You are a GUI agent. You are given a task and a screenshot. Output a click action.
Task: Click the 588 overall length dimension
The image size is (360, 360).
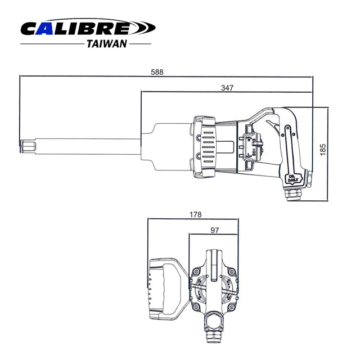click(x=158, y=72)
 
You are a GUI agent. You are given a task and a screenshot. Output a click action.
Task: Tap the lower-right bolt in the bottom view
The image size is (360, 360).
click(x=232, y=307)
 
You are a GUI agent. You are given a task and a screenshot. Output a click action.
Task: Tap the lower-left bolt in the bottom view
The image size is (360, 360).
click(x=196, y=307)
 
